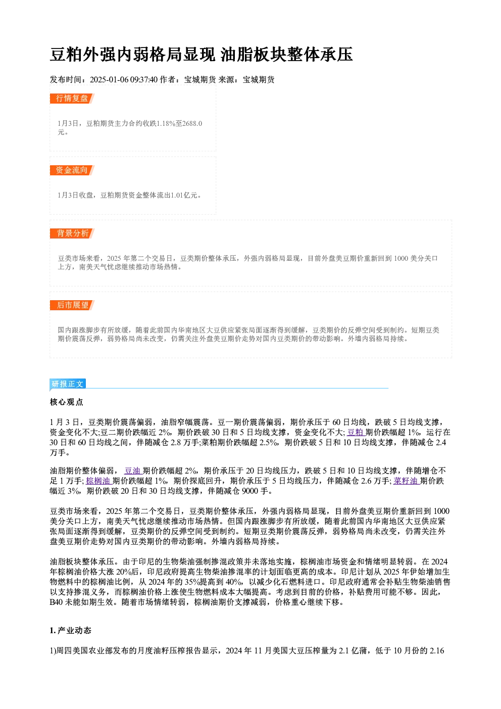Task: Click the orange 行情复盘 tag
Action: click(x=72, y=99)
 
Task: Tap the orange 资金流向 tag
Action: click(x=72, y=170)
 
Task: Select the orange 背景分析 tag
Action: click(x=72, y=233)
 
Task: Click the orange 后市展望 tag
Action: click(x=72, y=305)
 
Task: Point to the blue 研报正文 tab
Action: click(x=68, y=384)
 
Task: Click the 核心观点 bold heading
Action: click(x=67, y=402)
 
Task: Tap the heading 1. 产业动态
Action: click(x=71, y=631)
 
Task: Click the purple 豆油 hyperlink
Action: click(x=133, y=470)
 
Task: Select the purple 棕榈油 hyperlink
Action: click(x=99, y=481)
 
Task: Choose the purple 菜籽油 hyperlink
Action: click(x=407, y=481)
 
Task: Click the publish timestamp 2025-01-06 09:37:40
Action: click(x=124, y=79)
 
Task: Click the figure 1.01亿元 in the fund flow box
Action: click(x=184, y=195)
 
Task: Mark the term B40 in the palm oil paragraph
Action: click(x=56, y=602)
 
